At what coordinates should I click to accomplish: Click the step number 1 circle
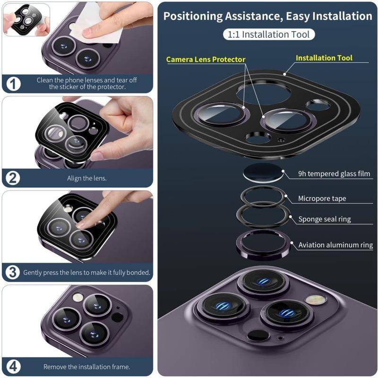pyautogui.click(x=13, y=84)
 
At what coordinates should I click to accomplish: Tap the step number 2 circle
pyautogui.click(x=13, y=178)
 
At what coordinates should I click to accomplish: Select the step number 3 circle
pyautogui.click(x=13, y=273)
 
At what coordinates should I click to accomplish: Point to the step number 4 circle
pyautogui.click(x=13, y=367)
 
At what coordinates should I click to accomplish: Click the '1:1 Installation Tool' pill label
pyautogui.click(x=269, y=34)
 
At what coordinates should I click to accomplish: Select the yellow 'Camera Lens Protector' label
pyautogui.click(x=206, y=60)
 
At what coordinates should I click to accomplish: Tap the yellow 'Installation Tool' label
pyautogui.click(x=324, y=58)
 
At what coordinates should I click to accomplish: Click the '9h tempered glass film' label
pyautogui.click(x=334, y=173)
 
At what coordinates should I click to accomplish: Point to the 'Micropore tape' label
pyautogui.click(x=322, y=198)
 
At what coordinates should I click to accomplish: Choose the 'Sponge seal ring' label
pyautogui.click(x=325, y=219)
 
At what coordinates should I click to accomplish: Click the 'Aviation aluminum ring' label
pyautogui.click(x=335, y=245)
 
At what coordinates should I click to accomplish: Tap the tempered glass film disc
pyautogui.click(x=263, y=173)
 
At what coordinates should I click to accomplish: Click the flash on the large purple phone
pyautogui.click(x=316, y=300)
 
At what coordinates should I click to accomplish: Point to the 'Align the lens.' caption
pyautogui.click(x=87, y=179)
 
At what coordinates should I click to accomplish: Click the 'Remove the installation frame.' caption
pyautogui.click(x=87, y=367)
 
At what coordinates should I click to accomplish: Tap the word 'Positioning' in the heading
pyautogui.click(x=193, y=17)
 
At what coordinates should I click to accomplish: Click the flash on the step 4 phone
pyautogui.click(x=78, y=297)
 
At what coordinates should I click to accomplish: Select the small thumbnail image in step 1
pyautogui.click(x=26, y=20)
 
